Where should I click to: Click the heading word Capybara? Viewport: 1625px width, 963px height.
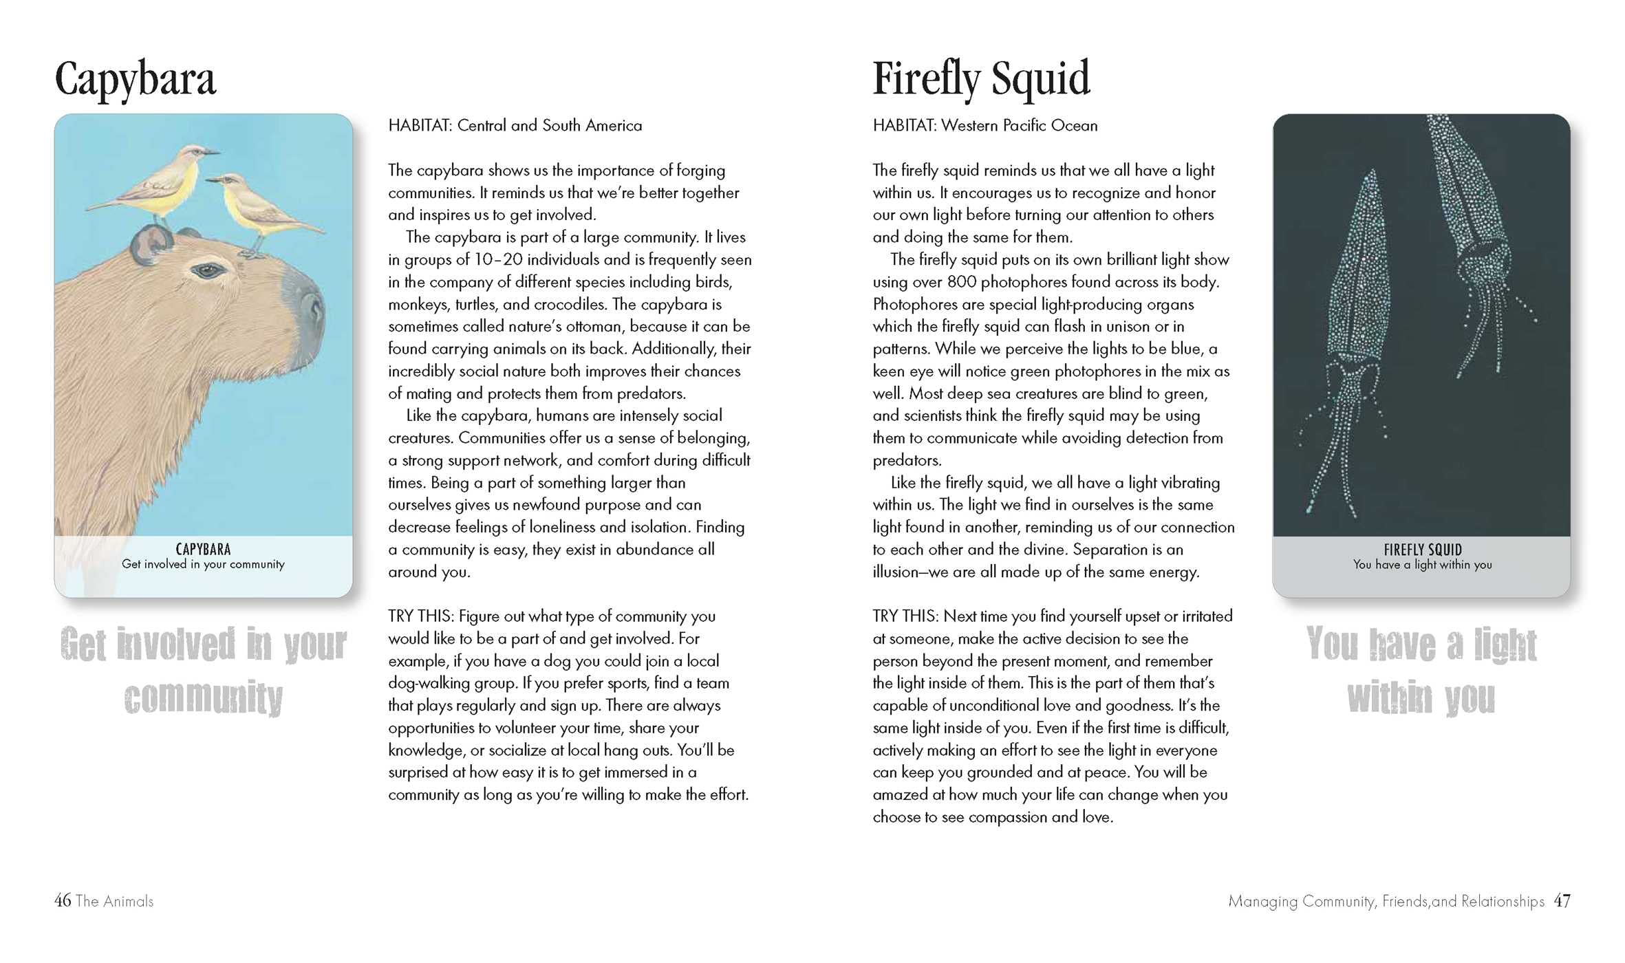[x=135, y=80]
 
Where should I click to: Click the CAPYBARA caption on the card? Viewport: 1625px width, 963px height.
[x=203, y=549]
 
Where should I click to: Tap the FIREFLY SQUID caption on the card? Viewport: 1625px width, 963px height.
[x=1422, y=550]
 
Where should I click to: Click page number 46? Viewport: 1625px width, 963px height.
[x=63, y=900]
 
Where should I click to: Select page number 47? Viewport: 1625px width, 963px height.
[x=1562, y=900]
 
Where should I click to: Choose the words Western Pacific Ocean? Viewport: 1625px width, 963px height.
[x=1019, y=126]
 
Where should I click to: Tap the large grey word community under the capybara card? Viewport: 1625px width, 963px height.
[x=204, y=698]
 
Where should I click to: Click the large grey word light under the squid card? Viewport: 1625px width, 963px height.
[x=1505, y=645]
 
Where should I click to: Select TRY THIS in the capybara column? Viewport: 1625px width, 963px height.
[x=420, y=616]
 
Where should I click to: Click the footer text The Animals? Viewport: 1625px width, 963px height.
[x=114, y=901]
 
